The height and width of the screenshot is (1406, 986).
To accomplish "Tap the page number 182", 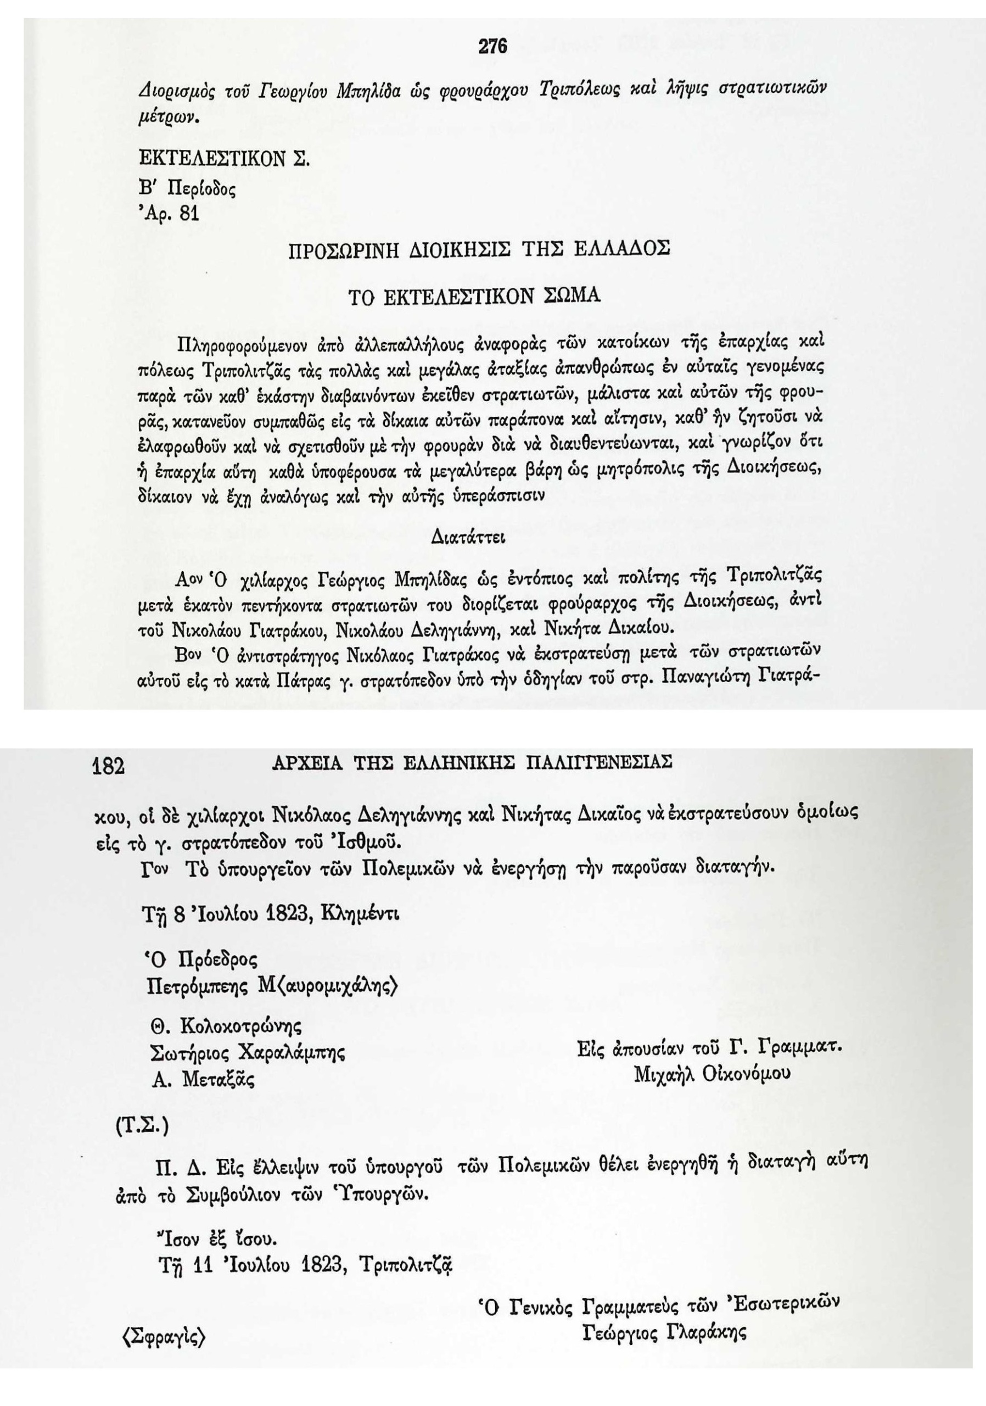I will tap(108, 766).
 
